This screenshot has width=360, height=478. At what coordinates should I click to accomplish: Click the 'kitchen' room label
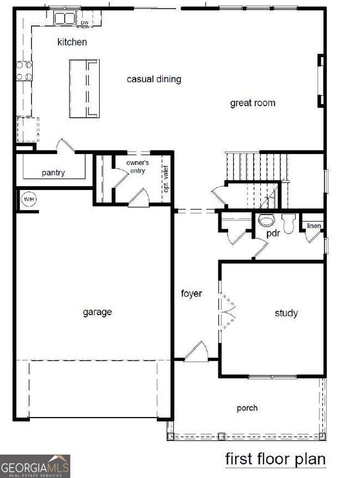72,42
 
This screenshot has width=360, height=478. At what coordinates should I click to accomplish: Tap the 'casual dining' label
154,79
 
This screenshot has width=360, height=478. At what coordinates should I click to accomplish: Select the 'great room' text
253,103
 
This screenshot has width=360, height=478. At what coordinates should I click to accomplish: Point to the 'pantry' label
53,173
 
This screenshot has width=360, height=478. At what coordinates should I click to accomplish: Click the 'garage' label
97,312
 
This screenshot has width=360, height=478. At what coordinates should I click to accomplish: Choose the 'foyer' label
192,294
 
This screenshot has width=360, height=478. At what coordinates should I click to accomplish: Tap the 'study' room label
286,313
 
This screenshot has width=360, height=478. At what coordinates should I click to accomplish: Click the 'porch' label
247,408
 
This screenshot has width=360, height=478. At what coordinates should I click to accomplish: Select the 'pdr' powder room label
271,234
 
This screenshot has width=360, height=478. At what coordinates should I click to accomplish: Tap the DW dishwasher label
84,23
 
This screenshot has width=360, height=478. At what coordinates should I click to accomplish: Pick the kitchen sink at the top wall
64,18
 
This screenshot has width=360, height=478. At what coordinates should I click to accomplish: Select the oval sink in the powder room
267,220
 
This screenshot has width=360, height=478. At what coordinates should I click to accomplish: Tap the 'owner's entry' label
137,166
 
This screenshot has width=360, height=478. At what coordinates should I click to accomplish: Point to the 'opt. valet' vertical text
166,179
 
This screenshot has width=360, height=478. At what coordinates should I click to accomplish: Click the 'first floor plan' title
275,459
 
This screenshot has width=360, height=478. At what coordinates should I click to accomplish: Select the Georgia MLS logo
35,466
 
